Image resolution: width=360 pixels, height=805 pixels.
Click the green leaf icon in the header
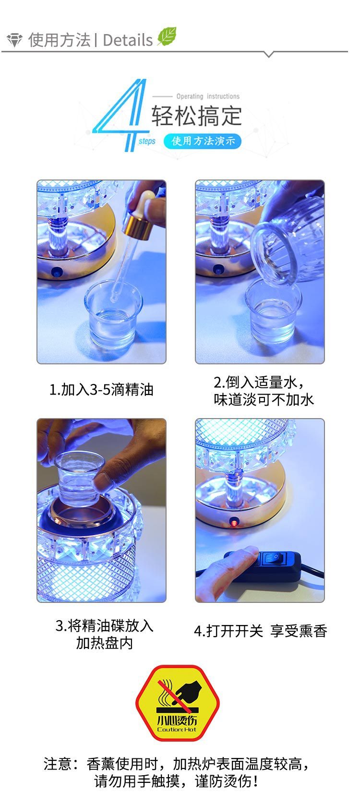(x=167, y=36)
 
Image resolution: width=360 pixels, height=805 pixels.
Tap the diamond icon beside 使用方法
(x=14, y=40)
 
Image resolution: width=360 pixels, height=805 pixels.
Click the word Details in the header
(x=128, y=40)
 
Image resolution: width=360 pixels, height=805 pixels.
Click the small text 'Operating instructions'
(x=208, y=96)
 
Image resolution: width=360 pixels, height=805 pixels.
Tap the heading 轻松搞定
(x=196, y=116)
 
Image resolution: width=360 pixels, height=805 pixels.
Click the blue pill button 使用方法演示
(x=202, y=141)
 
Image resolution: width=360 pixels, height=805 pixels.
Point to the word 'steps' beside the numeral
(x=147, y=141)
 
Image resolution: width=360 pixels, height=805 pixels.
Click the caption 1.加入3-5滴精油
(x=101, y=390)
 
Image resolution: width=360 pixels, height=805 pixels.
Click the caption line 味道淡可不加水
(x=264, y=400)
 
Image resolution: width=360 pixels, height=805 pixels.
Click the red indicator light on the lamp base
(x=234, y=521)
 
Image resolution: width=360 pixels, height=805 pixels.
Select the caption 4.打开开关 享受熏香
(x=261, y=631)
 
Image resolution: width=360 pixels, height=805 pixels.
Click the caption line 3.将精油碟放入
(x=104, y=625)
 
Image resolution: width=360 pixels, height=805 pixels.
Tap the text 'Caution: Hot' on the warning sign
(x=177, y=729)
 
